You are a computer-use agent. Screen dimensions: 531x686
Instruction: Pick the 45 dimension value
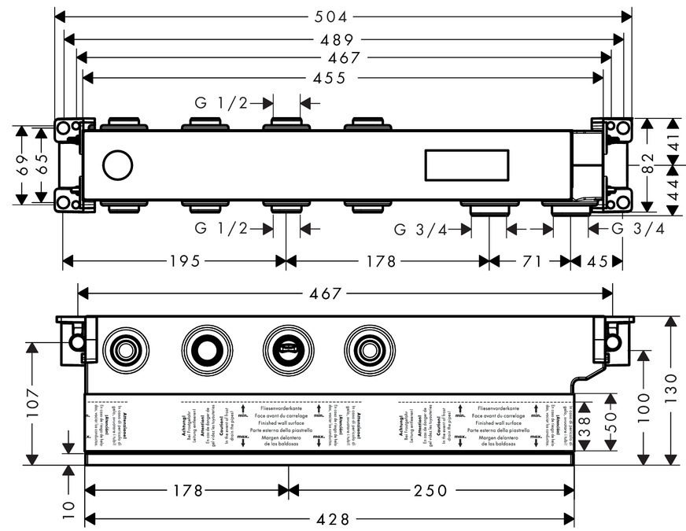pos(597,261)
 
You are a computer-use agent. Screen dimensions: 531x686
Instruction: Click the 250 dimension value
pos(430,491)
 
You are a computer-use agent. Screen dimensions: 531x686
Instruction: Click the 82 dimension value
pos(646,164)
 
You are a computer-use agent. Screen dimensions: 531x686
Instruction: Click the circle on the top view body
pos(117,166)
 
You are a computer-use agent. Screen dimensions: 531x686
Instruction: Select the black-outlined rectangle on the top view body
pos(467,166)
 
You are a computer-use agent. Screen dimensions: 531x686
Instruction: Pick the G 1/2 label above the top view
pos(222,102)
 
